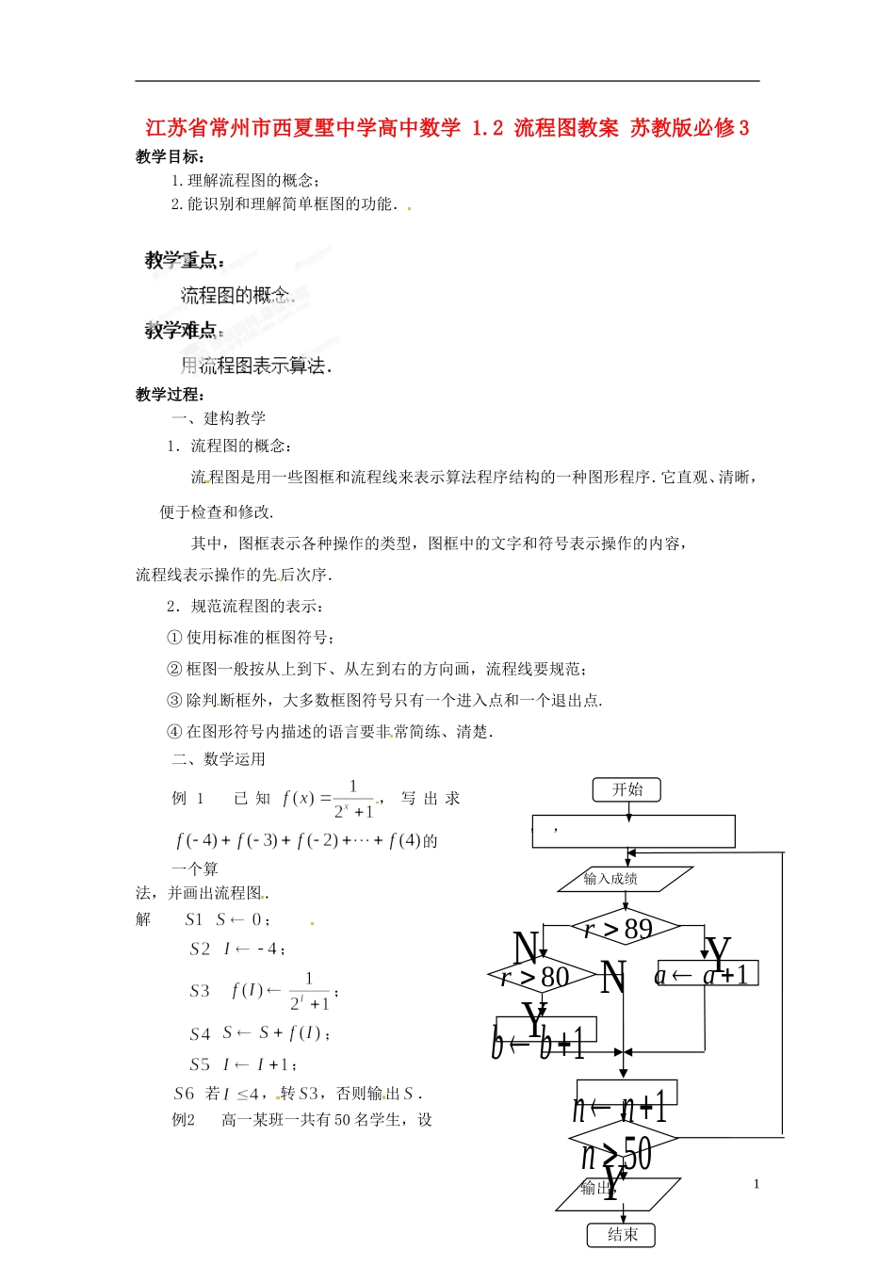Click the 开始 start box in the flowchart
pos(626,789)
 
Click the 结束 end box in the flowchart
pos(621,1234)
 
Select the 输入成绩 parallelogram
pos(625,879)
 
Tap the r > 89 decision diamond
pos(625,929)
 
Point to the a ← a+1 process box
pos(706,974)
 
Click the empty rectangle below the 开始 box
pos(633,831)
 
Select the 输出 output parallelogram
pos(617,1194)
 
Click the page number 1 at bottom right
pos(756,1184)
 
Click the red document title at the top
pos(447,127)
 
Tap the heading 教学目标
pos(171,156)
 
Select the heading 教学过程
pos(171,394)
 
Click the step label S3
pos(200,991)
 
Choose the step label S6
pos(184,1094)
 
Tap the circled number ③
pos(174,700)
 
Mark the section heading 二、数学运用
pos(219,759)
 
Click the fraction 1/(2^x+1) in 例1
pos(353,799)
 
